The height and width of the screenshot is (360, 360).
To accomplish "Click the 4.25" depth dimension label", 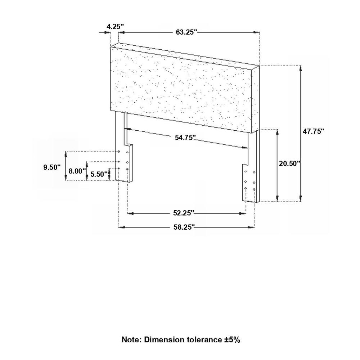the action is (x=115, y=27).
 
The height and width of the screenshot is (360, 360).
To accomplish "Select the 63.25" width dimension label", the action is (x=186, y=32).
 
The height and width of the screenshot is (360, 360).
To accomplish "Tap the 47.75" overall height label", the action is (x=314, y=131).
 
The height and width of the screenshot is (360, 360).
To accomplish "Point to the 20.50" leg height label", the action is (x=289, y=163).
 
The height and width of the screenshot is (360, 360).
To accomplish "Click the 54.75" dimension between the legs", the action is (x=185, y=138).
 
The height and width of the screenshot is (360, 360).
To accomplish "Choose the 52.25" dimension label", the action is (x=184, y=213).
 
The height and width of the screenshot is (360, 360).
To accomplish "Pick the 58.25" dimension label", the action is (x=184, y=227).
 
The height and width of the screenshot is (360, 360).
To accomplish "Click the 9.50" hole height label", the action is (x=52, y=167).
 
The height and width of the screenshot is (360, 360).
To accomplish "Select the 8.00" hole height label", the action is (x=77, y=171).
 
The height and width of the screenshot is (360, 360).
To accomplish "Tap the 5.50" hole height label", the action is (x=99, y=174).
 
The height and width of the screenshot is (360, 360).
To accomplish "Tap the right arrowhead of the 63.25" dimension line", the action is (x=256, y=32).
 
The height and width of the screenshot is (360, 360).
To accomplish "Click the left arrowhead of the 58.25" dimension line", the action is (x=122, y=227).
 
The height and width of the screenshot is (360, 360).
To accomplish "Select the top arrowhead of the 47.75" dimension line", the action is (x=301, y=69).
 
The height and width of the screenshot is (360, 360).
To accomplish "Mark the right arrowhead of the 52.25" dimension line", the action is (x=243, y=213).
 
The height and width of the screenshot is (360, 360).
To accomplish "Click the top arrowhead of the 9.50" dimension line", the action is (x=66, y=154).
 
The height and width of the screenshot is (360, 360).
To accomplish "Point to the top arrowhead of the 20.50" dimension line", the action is (x=277, y=132).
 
